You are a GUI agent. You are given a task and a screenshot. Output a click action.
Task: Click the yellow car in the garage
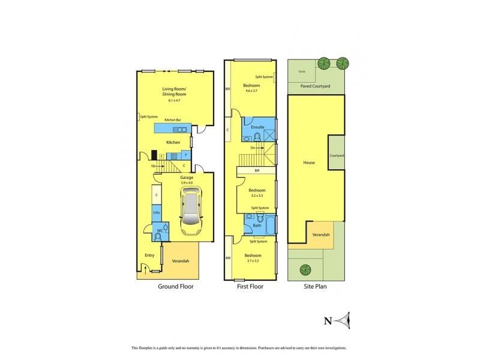[191, 211]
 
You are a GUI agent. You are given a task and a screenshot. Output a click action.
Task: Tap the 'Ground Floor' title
[175, 287]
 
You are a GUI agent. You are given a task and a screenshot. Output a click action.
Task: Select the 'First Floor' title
[251, 287]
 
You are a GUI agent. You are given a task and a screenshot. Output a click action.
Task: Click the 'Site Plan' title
[316, 287]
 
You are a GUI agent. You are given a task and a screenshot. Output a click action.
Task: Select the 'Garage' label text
[187, 178]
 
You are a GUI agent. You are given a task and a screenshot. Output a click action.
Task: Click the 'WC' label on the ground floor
[160, 230]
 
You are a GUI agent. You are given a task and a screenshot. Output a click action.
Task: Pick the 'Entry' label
[149, 256]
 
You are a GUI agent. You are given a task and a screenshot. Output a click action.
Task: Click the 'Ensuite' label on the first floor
[257, 127]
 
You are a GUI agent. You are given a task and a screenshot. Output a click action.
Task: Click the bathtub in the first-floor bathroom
[270, 226]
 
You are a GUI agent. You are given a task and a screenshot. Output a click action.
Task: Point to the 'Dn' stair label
[253, 147]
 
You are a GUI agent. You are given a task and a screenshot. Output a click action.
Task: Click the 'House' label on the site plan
[308, 163]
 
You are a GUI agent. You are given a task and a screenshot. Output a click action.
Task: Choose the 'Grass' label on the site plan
[302, 72]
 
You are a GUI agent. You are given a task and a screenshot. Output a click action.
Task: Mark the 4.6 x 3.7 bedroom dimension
[251, 91]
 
